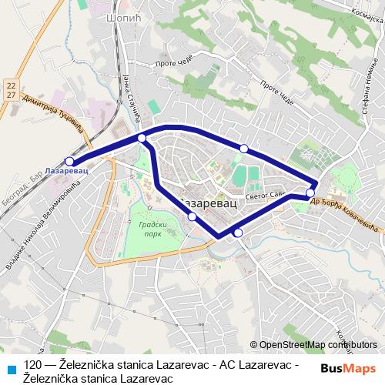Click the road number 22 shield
9,83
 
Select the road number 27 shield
9,94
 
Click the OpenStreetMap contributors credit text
313,344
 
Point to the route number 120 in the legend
33,365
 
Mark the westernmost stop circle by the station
70,161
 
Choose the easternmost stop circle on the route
310,192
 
